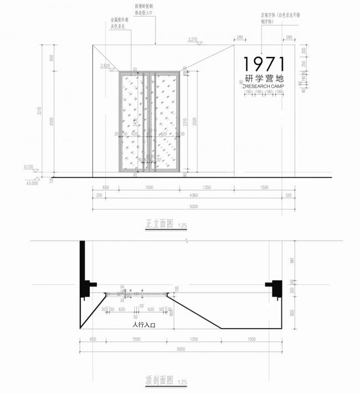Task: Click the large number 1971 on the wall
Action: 264,63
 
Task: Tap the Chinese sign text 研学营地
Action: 264,79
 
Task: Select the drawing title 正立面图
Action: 160,224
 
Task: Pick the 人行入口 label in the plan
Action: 143,325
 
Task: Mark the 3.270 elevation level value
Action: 193,39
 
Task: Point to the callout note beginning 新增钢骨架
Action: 145,8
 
